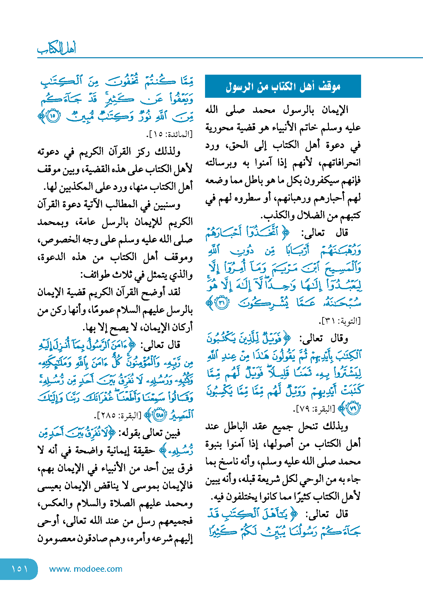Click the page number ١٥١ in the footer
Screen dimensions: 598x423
(20, 569)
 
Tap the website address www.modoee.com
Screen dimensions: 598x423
(86, 569)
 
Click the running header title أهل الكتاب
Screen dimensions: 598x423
(57, 49)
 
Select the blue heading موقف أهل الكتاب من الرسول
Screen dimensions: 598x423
(283, 86)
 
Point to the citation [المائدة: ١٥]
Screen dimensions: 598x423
(170, 134)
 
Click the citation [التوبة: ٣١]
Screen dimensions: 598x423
(340, 321)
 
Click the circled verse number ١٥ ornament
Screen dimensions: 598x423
(52, 116)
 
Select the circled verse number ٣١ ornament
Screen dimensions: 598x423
(222, 303)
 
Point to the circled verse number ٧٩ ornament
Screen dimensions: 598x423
(353, 408)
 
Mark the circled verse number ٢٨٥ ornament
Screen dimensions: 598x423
(160, 415)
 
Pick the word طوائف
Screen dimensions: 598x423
(94, 275)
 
